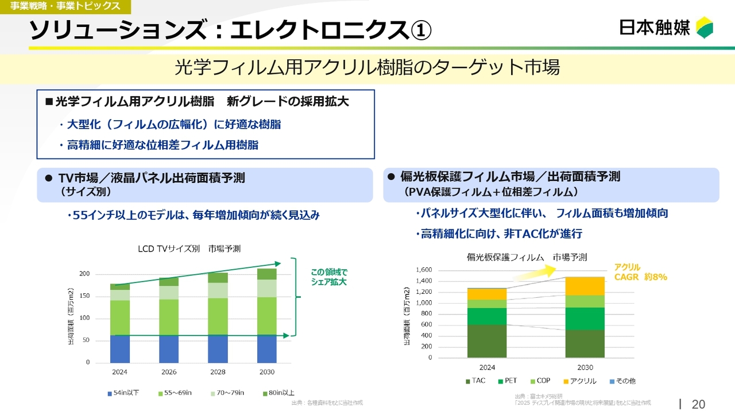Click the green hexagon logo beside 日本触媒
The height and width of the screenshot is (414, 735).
705,28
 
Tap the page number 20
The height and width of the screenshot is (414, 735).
698,404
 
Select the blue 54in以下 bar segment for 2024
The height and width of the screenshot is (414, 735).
120,348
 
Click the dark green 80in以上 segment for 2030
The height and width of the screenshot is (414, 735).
266,274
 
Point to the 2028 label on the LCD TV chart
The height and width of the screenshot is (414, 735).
218,372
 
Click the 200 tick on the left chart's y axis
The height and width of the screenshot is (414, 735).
84,274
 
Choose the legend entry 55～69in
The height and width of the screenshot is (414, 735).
175,393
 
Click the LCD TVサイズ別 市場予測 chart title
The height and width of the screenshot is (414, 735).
189,249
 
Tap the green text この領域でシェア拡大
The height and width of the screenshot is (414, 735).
329,277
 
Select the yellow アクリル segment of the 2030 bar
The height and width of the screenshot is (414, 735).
585,286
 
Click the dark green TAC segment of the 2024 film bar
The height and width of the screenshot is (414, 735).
487,341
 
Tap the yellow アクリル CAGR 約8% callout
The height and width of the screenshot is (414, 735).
640,272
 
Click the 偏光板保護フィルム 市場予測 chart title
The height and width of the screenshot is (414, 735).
527,257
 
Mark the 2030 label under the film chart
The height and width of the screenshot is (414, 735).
585,367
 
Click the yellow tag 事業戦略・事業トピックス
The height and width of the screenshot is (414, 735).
65,6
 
